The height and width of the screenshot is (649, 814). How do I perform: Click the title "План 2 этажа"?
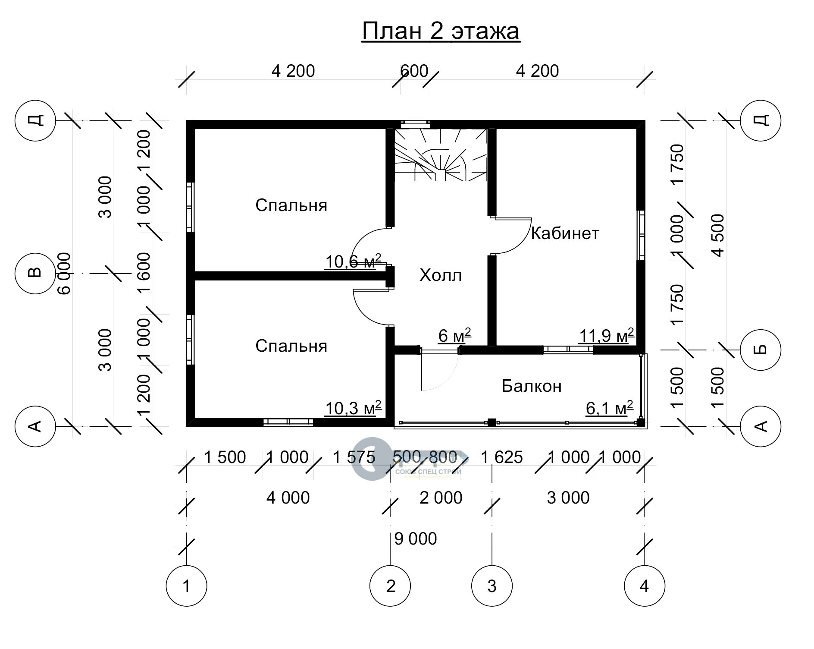[441, 31]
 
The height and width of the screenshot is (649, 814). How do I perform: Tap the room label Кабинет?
[565, 233]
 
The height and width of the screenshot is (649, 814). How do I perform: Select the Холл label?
[440, 275]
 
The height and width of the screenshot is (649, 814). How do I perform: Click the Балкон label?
[532, 386]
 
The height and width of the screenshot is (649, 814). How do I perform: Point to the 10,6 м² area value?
[353, 261]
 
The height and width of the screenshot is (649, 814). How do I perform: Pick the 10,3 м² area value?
[353, 408]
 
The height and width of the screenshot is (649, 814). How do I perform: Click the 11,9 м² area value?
[606, 335]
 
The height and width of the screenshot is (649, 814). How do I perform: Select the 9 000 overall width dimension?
[416, 539]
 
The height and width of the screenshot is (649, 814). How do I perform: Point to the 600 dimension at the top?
[414, 71]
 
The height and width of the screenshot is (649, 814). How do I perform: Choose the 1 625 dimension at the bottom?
[501, 457]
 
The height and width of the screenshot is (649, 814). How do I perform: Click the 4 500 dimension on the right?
[718, 236]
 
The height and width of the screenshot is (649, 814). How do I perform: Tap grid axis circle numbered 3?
[492, 586]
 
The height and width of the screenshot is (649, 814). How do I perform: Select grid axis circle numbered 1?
[186, 586]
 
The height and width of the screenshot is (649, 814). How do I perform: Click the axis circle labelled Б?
[761, 350]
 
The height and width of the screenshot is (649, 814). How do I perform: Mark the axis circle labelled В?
[35, 273]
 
